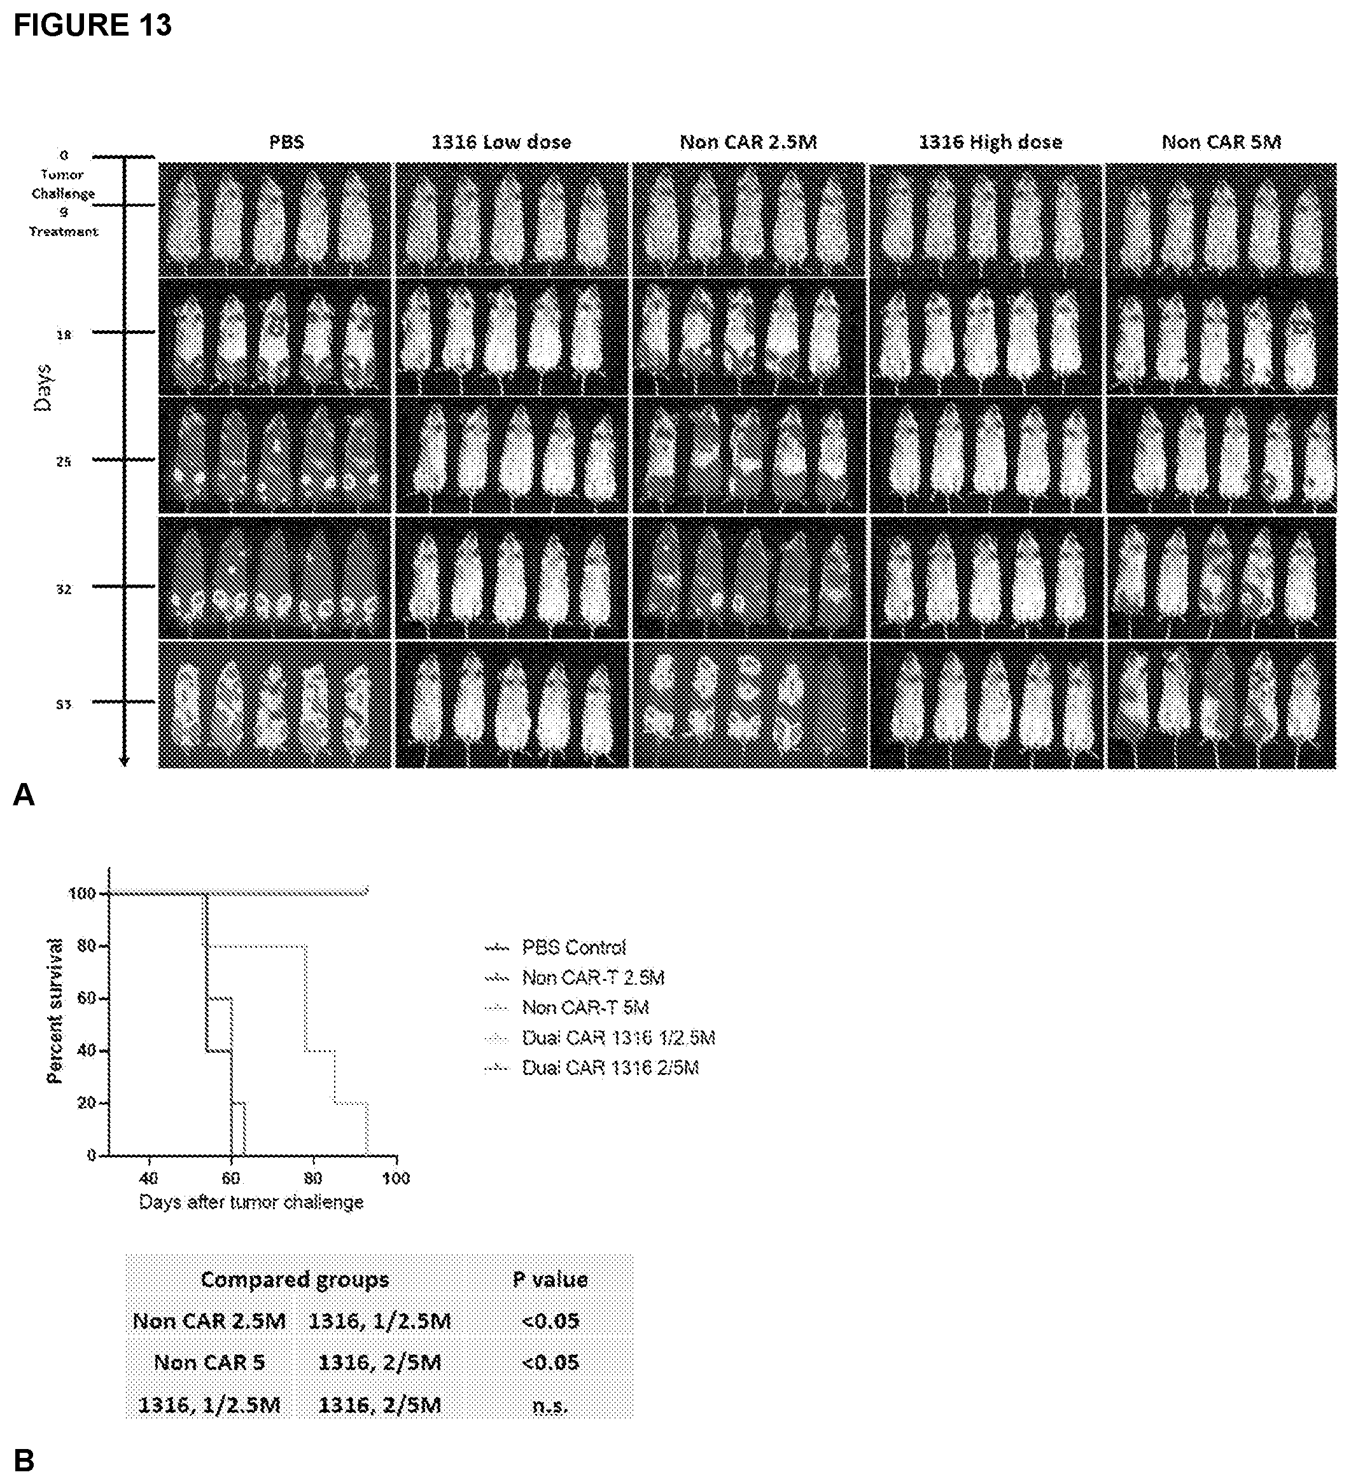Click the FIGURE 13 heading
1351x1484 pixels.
(x=93, y=25)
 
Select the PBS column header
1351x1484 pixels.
(x=286, y=142)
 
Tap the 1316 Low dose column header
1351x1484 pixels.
(x=501, y=142)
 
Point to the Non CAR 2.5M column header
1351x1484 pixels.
(x=748, y=142)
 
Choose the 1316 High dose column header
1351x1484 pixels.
(x=990, y=142)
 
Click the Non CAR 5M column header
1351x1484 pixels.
(x=1221, y=142)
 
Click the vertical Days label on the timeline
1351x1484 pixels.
(x=44, y=387)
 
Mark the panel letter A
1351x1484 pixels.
(x=24, y=795)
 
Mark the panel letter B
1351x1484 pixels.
(x=24, y=1460)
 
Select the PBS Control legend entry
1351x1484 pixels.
(x=573, y=947)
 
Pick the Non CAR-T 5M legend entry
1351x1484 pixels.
(x=585, y=1008)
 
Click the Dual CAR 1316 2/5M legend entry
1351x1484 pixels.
(x=610, y=1068)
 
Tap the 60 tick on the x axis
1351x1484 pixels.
(x=231, y=1179)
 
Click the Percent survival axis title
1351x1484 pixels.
(x=55, y=1010)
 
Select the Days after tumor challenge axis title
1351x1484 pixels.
(x=251, y=1202)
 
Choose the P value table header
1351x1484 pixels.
(x=550, y=1279)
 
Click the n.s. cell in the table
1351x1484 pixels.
(x=550, y=1406)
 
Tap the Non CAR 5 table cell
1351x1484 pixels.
(x=209, y=1363)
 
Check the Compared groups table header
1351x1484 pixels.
(x=295, y=1279)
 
